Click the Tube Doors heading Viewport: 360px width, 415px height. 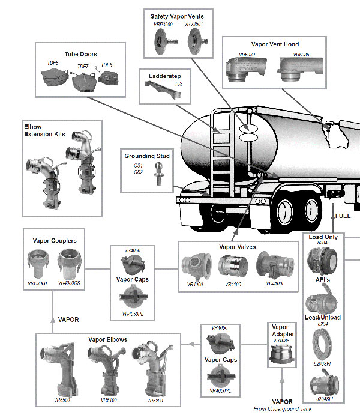pyautogui.click(x=80, y=53)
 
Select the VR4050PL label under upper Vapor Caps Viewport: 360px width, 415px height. pyautogui.click(x=134, y=314)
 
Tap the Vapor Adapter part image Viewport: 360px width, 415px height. pyautogui.click(x=281, y=359)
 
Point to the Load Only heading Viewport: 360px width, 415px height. pyautogui.click(x=323, y=237)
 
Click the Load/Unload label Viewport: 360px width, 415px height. pyautogui.click(x=323, y=317)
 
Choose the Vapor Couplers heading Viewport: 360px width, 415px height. pyautogui.click(x=55, y=241)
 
